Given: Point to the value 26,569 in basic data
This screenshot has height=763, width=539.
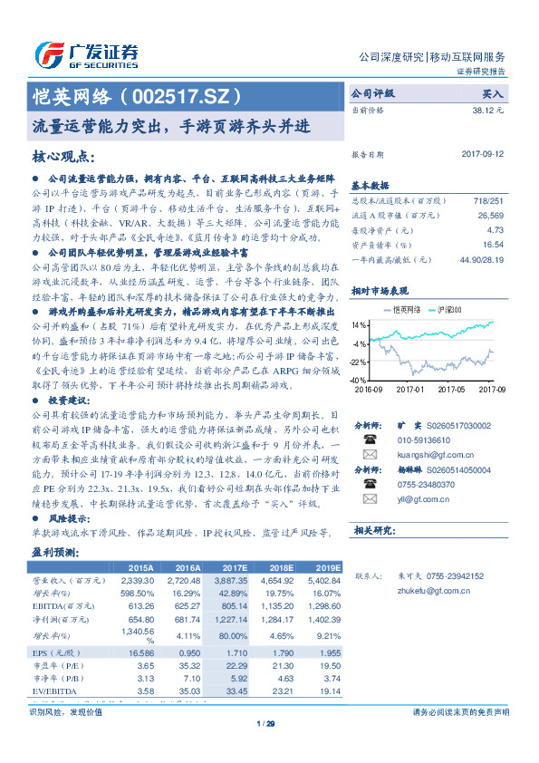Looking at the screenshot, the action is (490, 216).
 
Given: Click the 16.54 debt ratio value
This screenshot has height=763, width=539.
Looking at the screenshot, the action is (494, 244).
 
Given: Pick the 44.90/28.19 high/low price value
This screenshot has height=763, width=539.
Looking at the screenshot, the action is (480, 258).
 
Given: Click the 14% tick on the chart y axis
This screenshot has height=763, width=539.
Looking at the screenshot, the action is (360, 324).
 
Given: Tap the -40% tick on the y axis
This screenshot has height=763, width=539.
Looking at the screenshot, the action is (358, 381).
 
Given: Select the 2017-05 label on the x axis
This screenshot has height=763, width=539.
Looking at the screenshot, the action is (450, 389).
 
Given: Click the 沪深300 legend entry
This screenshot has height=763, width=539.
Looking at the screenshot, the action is (448, 311).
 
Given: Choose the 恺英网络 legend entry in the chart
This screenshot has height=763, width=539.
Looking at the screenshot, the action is (399, 311).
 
